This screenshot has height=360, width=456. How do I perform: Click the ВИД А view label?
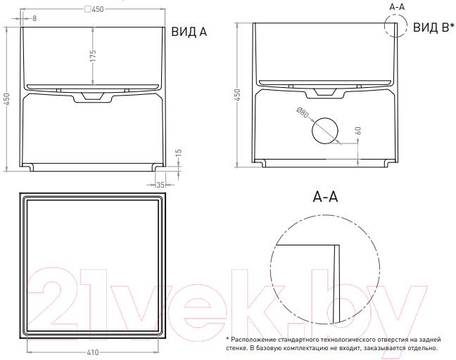[189, 32]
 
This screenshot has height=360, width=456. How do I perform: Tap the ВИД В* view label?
[433, 27]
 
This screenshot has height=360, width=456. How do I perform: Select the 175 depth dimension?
[93, 56]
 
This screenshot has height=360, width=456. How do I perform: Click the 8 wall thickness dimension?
[34, 18]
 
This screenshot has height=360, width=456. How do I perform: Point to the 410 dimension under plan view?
[93, 352]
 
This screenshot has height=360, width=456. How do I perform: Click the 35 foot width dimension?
[160, 185]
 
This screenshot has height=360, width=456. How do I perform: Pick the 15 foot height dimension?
[179, 153]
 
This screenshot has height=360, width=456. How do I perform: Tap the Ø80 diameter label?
[303, 112]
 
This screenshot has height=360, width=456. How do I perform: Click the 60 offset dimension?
[358, 131]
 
